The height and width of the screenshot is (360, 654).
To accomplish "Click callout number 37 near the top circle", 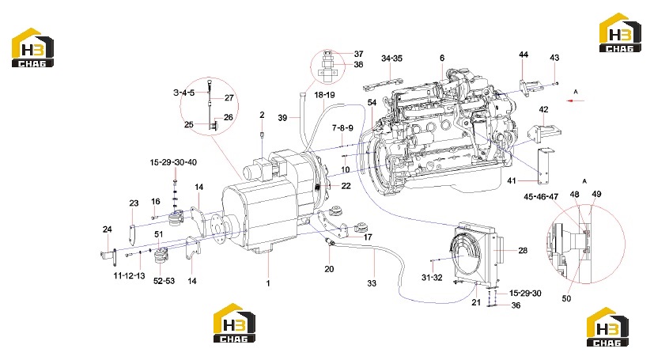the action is tap(359, 54).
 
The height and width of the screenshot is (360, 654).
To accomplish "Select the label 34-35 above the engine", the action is tap(391, 59).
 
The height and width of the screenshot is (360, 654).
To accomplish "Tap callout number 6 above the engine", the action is tap(442, 58).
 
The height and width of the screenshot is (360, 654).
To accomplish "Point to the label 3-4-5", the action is tap(184, 93).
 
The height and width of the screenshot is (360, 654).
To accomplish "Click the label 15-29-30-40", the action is tap(173, 162).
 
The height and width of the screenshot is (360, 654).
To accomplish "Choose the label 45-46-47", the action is tap(541, 196).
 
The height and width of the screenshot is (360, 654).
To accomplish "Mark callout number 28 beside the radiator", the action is tap(523, 250).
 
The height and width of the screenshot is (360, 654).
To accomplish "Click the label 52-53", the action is tap(164, 281).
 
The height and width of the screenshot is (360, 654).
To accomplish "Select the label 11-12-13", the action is tap(130, 275).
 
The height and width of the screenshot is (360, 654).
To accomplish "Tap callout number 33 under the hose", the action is tap(372, 283).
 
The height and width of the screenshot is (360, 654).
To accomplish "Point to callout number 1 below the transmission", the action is tap(268, 283).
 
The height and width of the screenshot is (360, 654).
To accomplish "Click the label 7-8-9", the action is tap(342, 128).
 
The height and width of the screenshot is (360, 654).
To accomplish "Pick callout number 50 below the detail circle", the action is tap(566, 298).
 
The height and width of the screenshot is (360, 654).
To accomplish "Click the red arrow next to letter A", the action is tap(575, 100).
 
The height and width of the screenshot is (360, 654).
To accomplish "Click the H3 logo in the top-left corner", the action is tap(32, 47).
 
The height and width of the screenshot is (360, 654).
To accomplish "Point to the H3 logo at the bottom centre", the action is tap(234, 324).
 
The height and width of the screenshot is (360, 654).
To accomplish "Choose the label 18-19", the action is tap(324, 95).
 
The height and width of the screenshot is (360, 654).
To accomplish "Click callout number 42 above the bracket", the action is tap(543, 110).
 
